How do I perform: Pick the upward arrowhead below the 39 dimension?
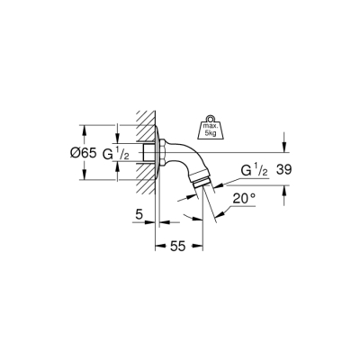click(284, 189)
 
